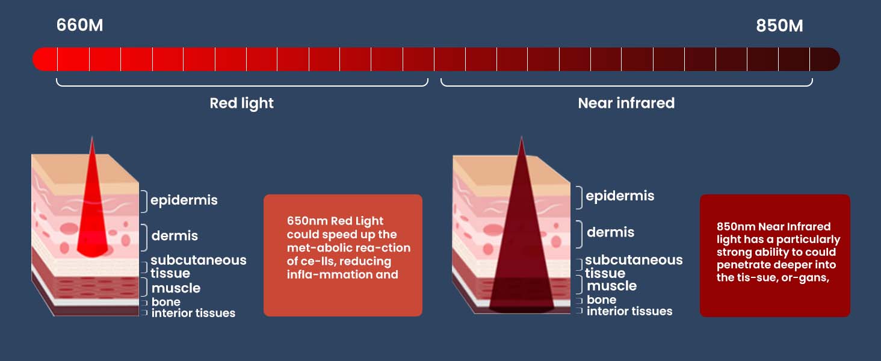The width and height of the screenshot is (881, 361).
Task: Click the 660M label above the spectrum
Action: [79, 26]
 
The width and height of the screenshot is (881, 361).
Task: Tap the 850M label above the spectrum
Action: [779, 26]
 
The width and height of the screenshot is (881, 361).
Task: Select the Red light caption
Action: [241, 103]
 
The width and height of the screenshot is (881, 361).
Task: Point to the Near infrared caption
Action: [626, 103]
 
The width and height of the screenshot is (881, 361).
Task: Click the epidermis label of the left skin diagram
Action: [184, 200]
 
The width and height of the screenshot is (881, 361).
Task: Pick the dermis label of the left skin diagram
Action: [175, 236]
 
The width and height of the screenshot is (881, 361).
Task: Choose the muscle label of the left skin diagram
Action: [176, 288]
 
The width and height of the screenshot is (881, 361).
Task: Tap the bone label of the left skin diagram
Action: [165, 301]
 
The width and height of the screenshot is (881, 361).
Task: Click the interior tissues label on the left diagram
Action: [193, 313]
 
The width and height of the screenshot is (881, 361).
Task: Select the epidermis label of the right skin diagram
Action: [620, 196]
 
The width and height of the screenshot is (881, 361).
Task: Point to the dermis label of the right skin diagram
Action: [610, 232]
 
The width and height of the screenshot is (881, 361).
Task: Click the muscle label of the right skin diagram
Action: [611, 286]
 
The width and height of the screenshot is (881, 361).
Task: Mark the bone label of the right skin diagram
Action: [601, 300]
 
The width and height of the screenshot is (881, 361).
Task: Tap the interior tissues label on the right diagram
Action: [629, 311]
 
